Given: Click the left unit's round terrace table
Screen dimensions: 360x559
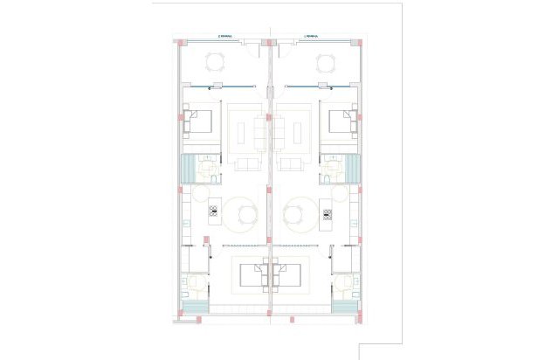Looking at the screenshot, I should click(216, 62).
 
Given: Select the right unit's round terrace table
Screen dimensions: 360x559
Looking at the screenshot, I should click(326, 62).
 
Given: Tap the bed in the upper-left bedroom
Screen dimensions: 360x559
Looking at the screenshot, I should click(200, 121).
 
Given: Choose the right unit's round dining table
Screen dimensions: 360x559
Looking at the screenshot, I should click(297, 214).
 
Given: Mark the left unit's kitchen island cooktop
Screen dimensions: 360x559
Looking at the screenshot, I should click(213, 211).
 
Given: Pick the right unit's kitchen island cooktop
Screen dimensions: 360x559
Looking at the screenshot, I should click(328, 211).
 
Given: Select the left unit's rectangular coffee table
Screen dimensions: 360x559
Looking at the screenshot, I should click(259, 130).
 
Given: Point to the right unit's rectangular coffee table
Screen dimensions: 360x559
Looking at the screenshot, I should click(281, 130).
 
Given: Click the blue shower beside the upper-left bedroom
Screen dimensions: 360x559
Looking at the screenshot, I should click(188, 168).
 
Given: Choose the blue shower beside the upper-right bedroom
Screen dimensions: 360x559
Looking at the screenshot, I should click(352, 168).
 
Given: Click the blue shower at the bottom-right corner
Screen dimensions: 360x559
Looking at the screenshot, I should click(347, 307).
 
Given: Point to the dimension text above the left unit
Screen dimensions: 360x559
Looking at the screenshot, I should click(224, 37).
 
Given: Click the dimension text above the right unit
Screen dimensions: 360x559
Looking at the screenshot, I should click(312, 37).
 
